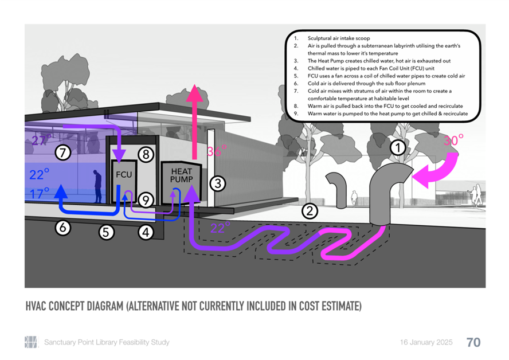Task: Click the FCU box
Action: coord(124,181)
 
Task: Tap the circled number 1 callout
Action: coord(398,148)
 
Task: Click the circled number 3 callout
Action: coord(217,184)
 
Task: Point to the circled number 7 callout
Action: coord(63,152)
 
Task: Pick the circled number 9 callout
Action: coord(146,200)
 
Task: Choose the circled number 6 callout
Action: coord(62,228)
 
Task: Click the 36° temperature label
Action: coord(217,151)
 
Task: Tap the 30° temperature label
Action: coord(453,140)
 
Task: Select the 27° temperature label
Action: coord(41,140)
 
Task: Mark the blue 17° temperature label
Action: coord(40,194)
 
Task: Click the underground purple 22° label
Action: coord(220,228)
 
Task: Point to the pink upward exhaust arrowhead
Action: coord(194,93)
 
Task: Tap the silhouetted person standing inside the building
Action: coord(97,186)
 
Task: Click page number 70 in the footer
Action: coord(473,342)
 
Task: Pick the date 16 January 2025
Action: coord(426,342)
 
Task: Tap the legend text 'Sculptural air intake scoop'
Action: coord(339,38)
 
